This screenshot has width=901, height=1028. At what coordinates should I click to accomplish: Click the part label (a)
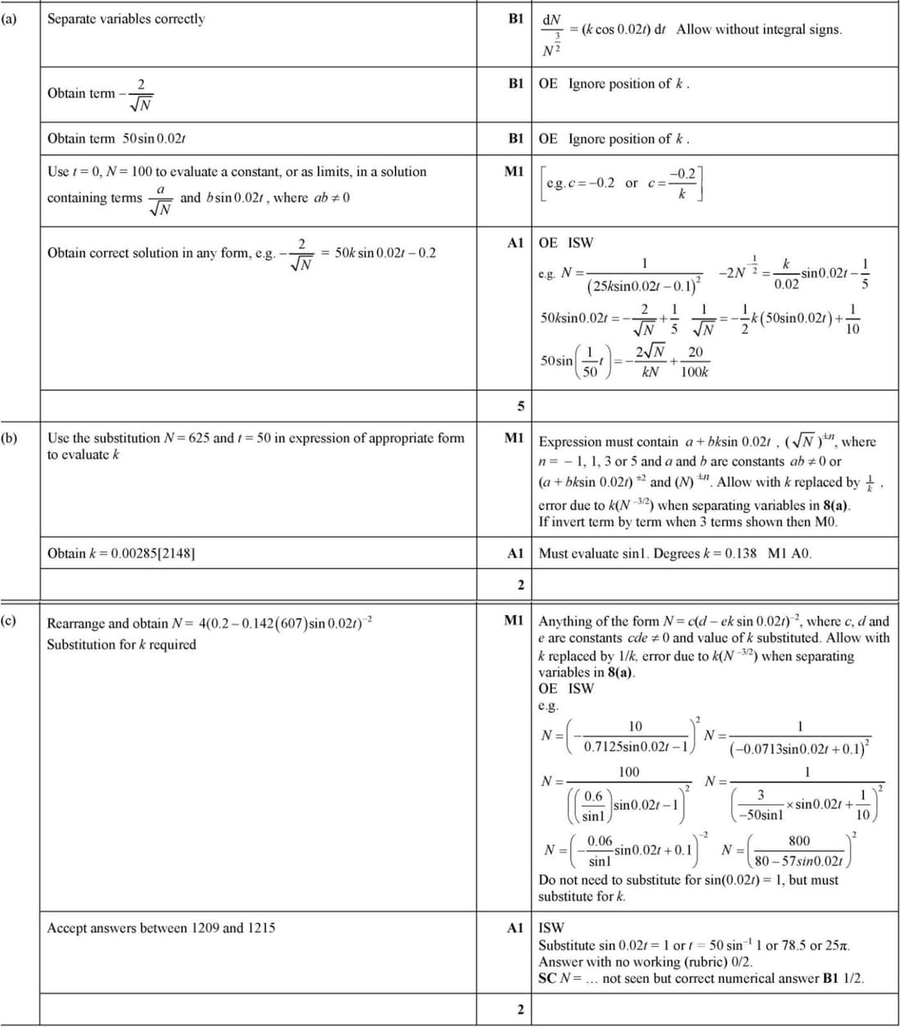click(9, 18)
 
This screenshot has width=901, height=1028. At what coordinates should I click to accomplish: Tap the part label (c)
click(9, 620)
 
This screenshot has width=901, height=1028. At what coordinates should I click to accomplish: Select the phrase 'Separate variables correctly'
click(126, 19)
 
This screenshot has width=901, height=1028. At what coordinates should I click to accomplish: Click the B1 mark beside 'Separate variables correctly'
click(516, 19)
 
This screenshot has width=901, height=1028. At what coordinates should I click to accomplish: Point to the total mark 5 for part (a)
click(519, 406)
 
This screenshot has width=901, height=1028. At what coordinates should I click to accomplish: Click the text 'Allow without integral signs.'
click(759, 29)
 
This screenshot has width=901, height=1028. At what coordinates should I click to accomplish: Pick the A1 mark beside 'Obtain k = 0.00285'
click(515, 553)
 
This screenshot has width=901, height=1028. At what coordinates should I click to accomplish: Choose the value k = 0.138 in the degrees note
click(730, 553)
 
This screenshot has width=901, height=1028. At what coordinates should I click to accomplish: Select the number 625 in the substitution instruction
click(198, 438)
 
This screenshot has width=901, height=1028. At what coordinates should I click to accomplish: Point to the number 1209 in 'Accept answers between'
click(205, 928)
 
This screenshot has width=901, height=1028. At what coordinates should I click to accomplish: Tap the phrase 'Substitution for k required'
click(121, 645)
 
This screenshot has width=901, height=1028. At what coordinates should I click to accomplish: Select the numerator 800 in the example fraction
click(799, 840)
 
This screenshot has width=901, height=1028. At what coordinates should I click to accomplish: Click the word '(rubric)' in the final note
click(700, 962)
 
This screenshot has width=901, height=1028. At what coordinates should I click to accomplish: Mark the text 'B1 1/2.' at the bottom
click(843, 978)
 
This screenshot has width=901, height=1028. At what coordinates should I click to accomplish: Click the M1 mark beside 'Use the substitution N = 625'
click(514, 438)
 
